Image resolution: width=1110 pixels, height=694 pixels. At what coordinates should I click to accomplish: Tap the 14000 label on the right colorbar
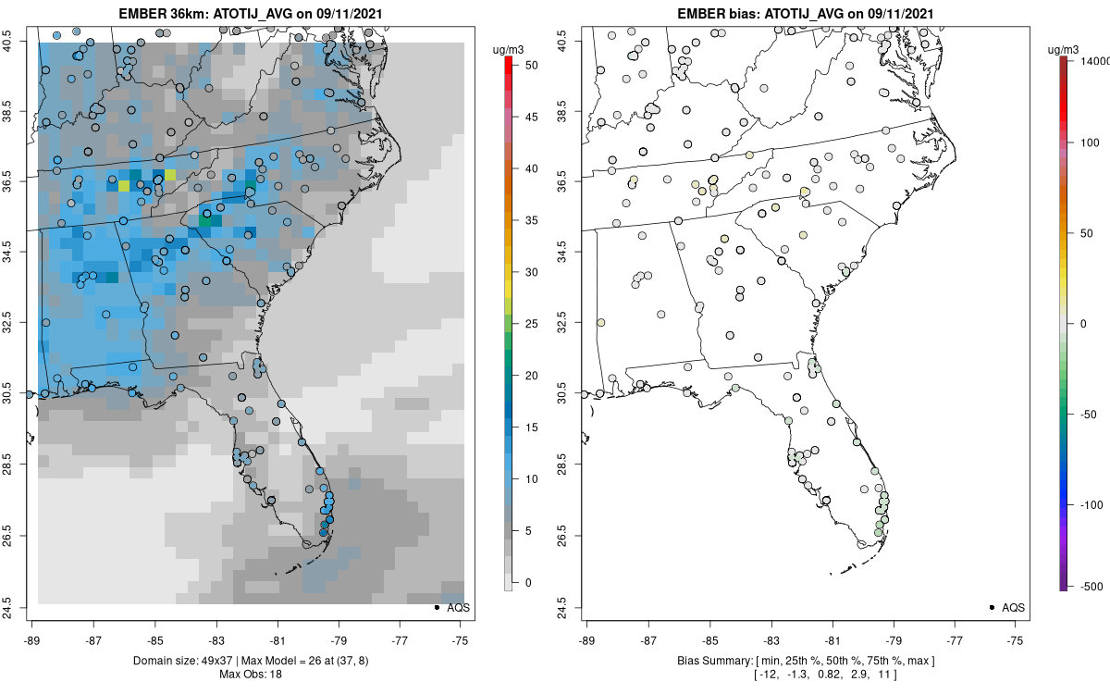pyautogui.click(x=1095, y=60)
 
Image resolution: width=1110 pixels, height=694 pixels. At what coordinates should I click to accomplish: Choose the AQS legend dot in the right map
pyautogui.click(x=992, y=607)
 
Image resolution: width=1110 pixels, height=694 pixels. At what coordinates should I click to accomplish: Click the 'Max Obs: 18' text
pyautogui.click(x=251, y=674)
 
